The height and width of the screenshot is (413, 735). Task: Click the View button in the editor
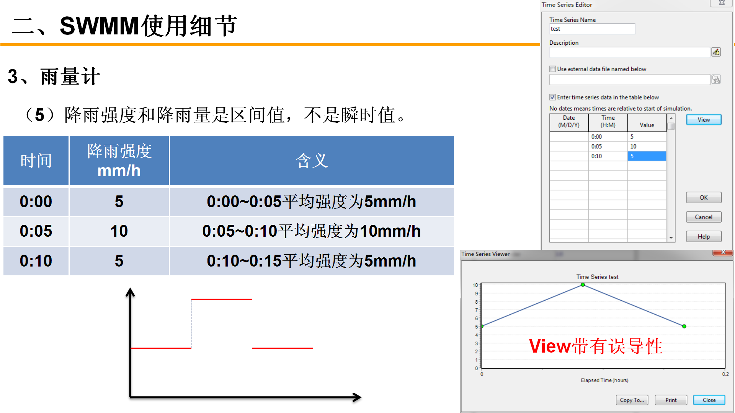704,120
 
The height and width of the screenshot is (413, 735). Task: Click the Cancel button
704,217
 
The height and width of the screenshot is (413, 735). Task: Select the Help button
704,236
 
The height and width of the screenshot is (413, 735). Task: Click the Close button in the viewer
709,400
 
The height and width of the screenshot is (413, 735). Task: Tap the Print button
671,400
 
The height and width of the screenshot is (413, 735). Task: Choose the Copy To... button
632,400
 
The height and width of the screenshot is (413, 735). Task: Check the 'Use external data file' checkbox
552,69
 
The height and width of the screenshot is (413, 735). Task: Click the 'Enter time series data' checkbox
552,97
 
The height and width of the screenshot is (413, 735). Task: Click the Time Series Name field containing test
592,29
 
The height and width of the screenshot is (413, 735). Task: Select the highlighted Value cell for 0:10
647,156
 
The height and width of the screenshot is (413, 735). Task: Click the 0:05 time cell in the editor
608,146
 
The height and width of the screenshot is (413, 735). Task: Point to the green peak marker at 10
583,285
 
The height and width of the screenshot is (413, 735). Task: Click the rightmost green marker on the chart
684,326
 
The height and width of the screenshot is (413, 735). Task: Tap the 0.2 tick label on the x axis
725,374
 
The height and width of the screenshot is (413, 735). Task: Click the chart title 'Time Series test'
597,277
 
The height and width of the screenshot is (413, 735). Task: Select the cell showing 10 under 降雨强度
119,231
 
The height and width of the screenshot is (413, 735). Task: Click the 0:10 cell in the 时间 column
36,261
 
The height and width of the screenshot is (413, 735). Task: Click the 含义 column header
312,161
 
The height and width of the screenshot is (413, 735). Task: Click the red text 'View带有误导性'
596,346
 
